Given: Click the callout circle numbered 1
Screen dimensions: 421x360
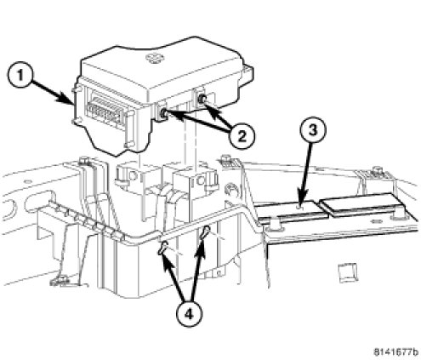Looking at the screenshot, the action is [x=20, y=77].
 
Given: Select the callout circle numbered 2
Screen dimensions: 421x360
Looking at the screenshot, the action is [x=242, y=137].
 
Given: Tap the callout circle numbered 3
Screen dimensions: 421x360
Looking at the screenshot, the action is [x=313, y=130].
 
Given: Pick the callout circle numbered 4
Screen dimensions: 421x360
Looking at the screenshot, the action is [x=189, y=314].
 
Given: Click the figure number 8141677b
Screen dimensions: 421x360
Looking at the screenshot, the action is [x=396, y=352].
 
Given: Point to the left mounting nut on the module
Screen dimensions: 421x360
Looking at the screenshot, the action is [x=164, y=114].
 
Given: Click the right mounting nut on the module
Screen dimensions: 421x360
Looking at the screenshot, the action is [x=202, y=99].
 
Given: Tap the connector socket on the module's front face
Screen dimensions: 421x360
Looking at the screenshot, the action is [x=105, y=109].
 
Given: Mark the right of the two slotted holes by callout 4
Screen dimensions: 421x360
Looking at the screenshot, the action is [x=205, y=231].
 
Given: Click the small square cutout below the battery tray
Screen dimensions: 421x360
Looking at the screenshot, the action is [x=349, y=273].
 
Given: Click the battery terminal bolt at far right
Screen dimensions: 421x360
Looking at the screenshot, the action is [x=377, y=171].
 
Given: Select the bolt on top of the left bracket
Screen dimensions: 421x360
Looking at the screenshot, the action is [x=84, y=161].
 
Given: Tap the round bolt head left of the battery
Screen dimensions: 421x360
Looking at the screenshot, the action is [x=230, y=190].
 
